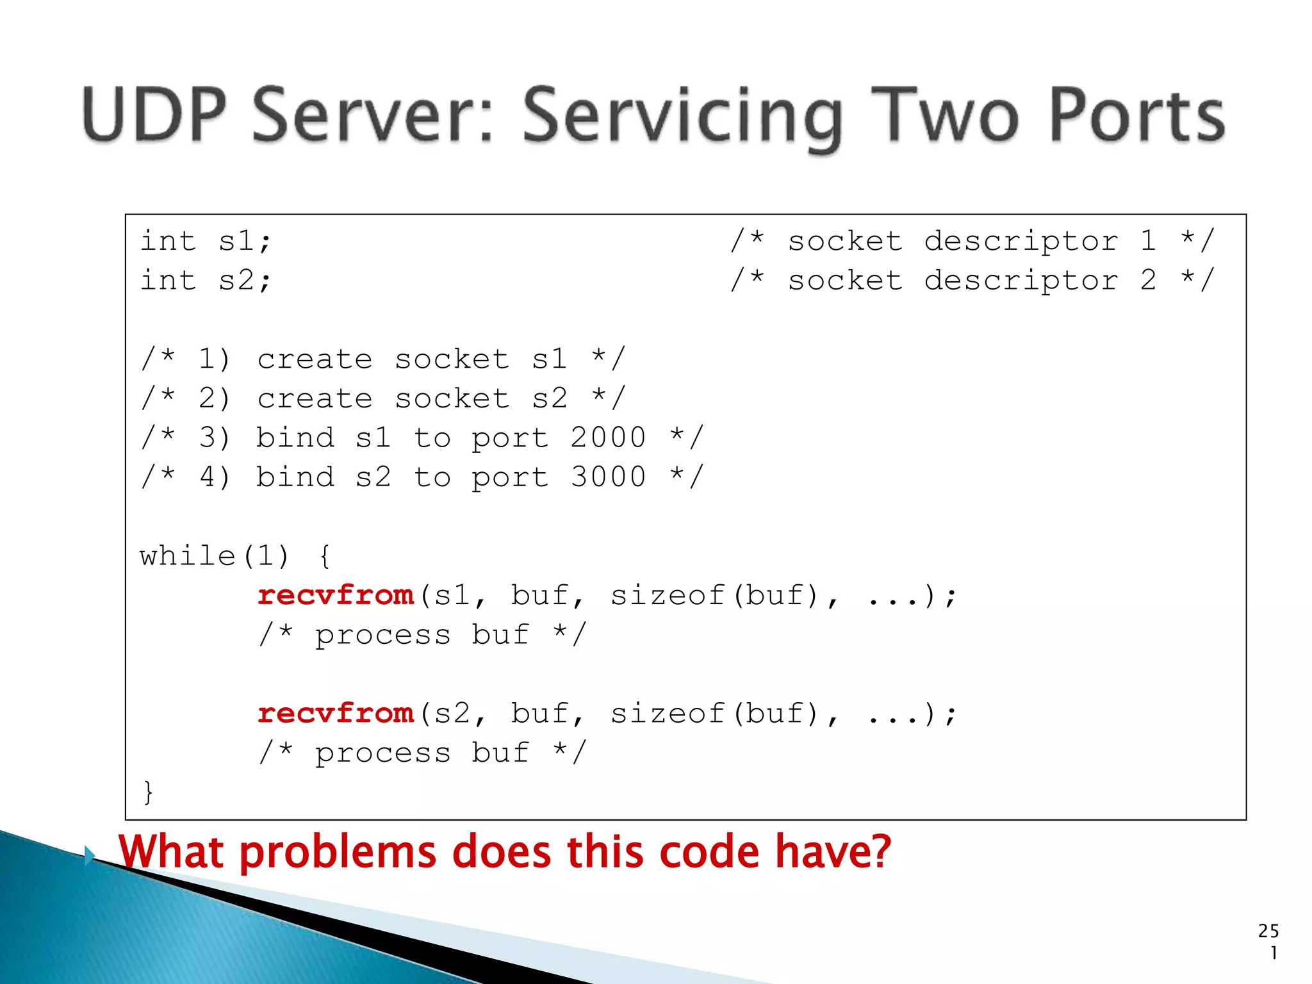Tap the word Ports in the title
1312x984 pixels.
[x=1136, y=115]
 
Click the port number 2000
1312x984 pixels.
[x=608, y=438]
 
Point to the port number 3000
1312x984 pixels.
[x=608, y=477]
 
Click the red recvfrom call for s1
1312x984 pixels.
[x=336, y=596]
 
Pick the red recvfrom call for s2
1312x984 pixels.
[x=336, y=714]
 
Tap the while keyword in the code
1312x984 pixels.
[x=188, y=556]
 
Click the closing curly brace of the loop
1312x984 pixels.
[x=148, y=792]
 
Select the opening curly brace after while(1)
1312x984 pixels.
[x=325, y=556]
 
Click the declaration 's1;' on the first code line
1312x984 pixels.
[x=245, y=242]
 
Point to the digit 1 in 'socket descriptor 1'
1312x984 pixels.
[x=1148, y=241]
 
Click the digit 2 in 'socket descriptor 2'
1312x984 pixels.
[x=1148, y=281]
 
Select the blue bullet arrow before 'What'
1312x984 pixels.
[x=90, y=855]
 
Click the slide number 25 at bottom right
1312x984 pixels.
[x=1268, y=931]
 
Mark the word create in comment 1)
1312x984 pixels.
[x=315, y=360]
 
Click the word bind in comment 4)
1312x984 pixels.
[x=295, y=477]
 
